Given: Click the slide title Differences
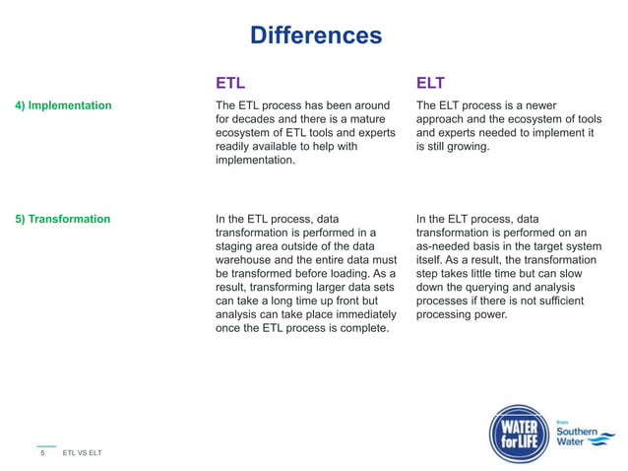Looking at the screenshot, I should [315, 36].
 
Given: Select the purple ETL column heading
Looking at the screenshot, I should [230, 81].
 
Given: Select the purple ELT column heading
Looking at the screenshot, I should [431, 81].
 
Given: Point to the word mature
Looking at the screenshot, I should [371, 119].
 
